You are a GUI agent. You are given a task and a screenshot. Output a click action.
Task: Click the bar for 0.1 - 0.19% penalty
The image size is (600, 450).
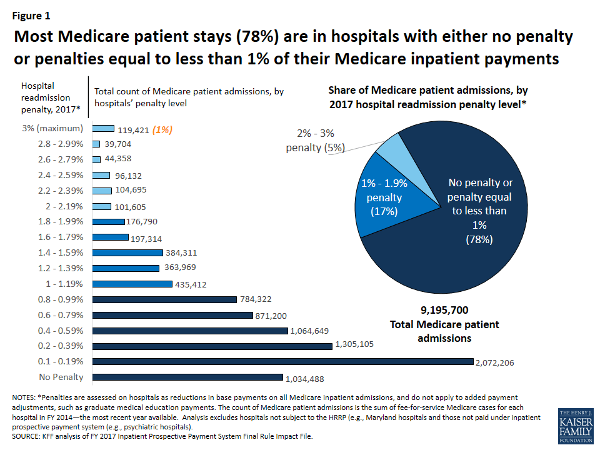coord(283,361)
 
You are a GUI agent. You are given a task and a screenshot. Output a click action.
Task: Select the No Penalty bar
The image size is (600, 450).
coord(187,377)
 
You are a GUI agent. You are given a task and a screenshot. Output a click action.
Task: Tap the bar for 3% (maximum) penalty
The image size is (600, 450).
coord(103,128)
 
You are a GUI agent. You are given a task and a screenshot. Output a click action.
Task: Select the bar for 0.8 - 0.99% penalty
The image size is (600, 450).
coord(165,299)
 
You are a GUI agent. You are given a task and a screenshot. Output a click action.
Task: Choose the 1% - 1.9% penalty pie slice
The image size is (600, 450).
coord(381,200)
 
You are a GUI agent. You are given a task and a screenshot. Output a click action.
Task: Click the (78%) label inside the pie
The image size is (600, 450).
coord(479,239)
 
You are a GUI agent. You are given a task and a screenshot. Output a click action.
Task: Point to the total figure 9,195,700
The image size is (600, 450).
coord(444,310)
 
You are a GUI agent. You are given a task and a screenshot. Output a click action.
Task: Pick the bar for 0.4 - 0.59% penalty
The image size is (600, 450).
coord(191,330)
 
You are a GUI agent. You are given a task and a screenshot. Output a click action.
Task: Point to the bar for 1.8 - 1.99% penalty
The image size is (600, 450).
coord(109,221)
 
